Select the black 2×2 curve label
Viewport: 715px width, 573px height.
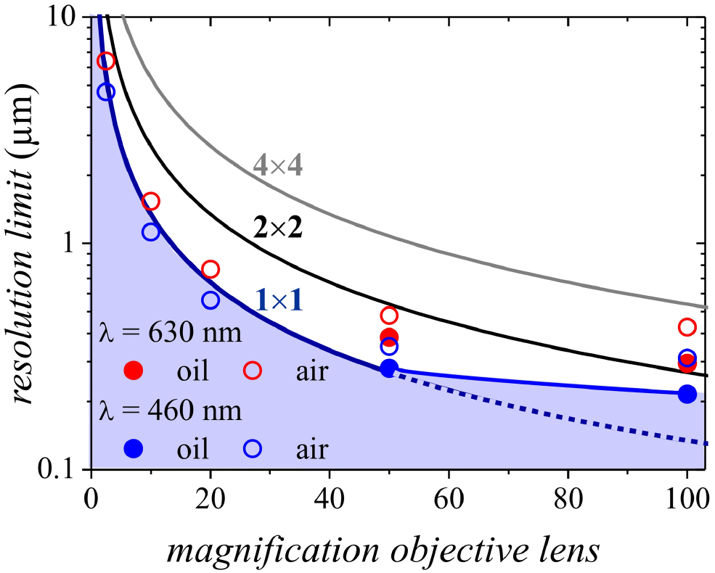tap(277, 228)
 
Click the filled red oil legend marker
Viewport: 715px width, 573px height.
tap(134, 371)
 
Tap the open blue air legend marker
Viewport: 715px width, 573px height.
tap(252, 449)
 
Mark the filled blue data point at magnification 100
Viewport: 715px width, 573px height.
tap(687, 394)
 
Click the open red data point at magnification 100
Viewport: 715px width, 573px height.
tap(687, 327)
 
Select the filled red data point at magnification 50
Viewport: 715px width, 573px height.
tap(389, 337)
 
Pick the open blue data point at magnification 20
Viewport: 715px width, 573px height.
tap(211, 300)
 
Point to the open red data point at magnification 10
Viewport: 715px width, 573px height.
tap(150, 202)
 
